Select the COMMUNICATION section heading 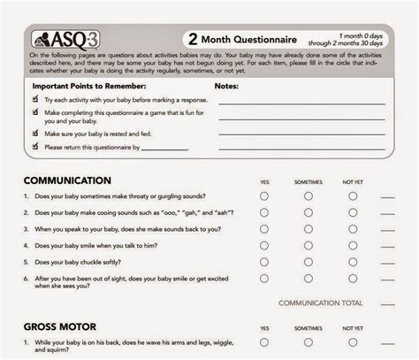68,180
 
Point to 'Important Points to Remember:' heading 82,87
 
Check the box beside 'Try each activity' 35,101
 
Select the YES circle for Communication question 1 264,195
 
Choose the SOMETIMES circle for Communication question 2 309,212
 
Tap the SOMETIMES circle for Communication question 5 309,261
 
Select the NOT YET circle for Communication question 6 353,280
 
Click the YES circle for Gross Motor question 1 264,341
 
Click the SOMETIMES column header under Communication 309,181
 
